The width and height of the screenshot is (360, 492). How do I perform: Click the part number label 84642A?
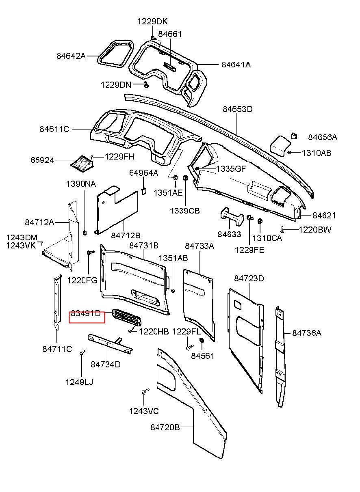click(71, 56)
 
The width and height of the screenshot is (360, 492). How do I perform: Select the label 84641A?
click(236, 64)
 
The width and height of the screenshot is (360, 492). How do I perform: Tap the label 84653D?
click(238, 109)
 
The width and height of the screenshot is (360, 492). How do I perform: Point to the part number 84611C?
click(54, 129)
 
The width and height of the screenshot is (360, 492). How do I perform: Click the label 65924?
click(42, 160)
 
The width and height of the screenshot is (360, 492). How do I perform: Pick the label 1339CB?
click(185, 211)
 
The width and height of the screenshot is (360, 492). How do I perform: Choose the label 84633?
click(229, 234)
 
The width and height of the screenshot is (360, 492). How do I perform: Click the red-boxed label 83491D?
click(86, 314)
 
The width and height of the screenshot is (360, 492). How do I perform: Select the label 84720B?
click(165, 427)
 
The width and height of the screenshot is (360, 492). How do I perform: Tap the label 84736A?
click(307, 333)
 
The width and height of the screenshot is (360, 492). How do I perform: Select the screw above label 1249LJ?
click(82, 353)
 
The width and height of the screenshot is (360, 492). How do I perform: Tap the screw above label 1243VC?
click(145, 392)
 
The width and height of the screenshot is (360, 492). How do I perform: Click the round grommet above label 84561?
click(201, 341)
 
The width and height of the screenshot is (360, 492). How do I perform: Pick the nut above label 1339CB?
click(185, 178)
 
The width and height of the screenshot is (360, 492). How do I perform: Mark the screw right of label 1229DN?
click(146, 84)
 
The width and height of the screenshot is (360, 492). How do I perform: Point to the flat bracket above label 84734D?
click(110, 343)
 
